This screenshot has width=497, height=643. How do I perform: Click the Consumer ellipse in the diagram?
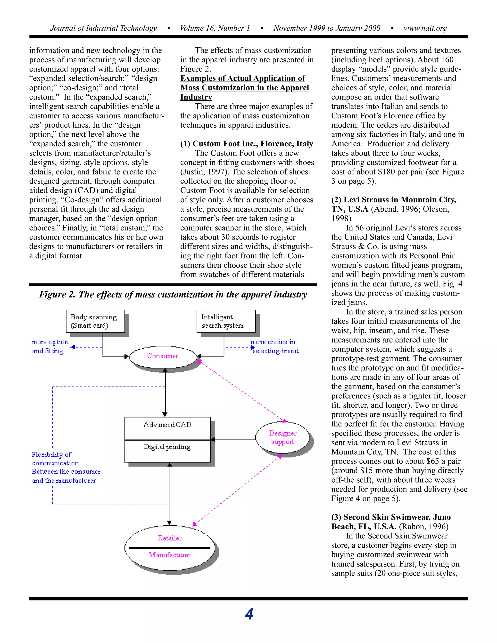coord(163,356)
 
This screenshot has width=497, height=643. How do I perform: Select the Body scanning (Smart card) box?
coord(95,321)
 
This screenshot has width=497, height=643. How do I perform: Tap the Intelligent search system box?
coord(226,321)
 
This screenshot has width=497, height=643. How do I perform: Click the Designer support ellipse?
coord(282,437)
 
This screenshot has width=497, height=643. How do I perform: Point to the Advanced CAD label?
coord(167,425)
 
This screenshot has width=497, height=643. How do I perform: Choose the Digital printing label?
coord(167,447)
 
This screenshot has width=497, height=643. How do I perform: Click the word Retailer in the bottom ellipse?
coord(170,538)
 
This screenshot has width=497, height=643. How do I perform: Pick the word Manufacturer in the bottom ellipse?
coord(170,555)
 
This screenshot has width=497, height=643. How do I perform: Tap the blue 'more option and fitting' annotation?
coord(50,346)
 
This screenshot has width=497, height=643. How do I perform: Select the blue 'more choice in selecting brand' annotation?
coord(274,346)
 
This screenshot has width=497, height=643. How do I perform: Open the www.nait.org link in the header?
coord(425,28)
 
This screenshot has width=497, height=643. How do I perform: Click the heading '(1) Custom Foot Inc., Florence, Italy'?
coord(247,144)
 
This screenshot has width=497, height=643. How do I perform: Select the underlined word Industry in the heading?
coord(196,97)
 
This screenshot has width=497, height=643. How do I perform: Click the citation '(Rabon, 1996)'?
coord(424,527)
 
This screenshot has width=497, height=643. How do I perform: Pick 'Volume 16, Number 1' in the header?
coord(215,28)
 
